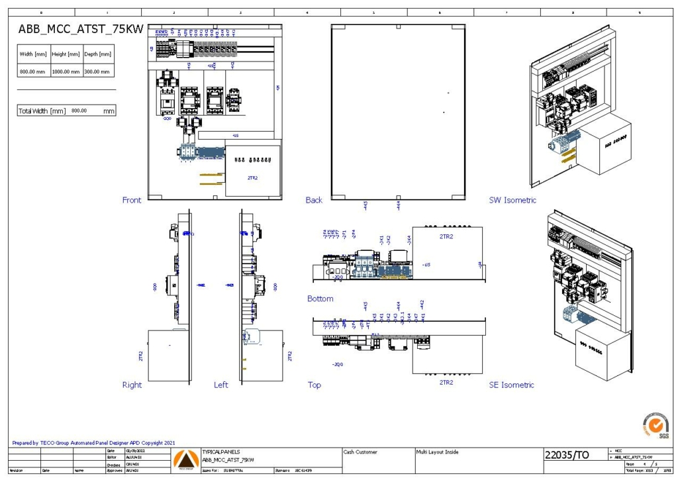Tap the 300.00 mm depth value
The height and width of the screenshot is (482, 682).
97,71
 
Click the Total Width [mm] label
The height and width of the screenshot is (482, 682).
42,111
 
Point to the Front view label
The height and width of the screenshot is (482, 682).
132,200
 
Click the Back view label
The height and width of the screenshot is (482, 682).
314,200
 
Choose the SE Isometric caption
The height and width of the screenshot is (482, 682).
511,385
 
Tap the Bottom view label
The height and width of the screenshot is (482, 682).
320,299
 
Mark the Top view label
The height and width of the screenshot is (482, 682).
315,385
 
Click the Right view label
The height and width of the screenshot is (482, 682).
132,385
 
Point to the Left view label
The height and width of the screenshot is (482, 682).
221,385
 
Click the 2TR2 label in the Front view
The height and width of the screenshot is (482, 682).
253,178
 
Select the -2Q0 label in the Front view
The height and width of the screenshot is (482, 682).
166,119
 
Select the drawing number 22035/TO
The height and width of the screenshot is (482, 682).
566,455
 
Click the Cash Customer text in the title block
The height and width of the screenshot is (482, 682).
360,452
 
